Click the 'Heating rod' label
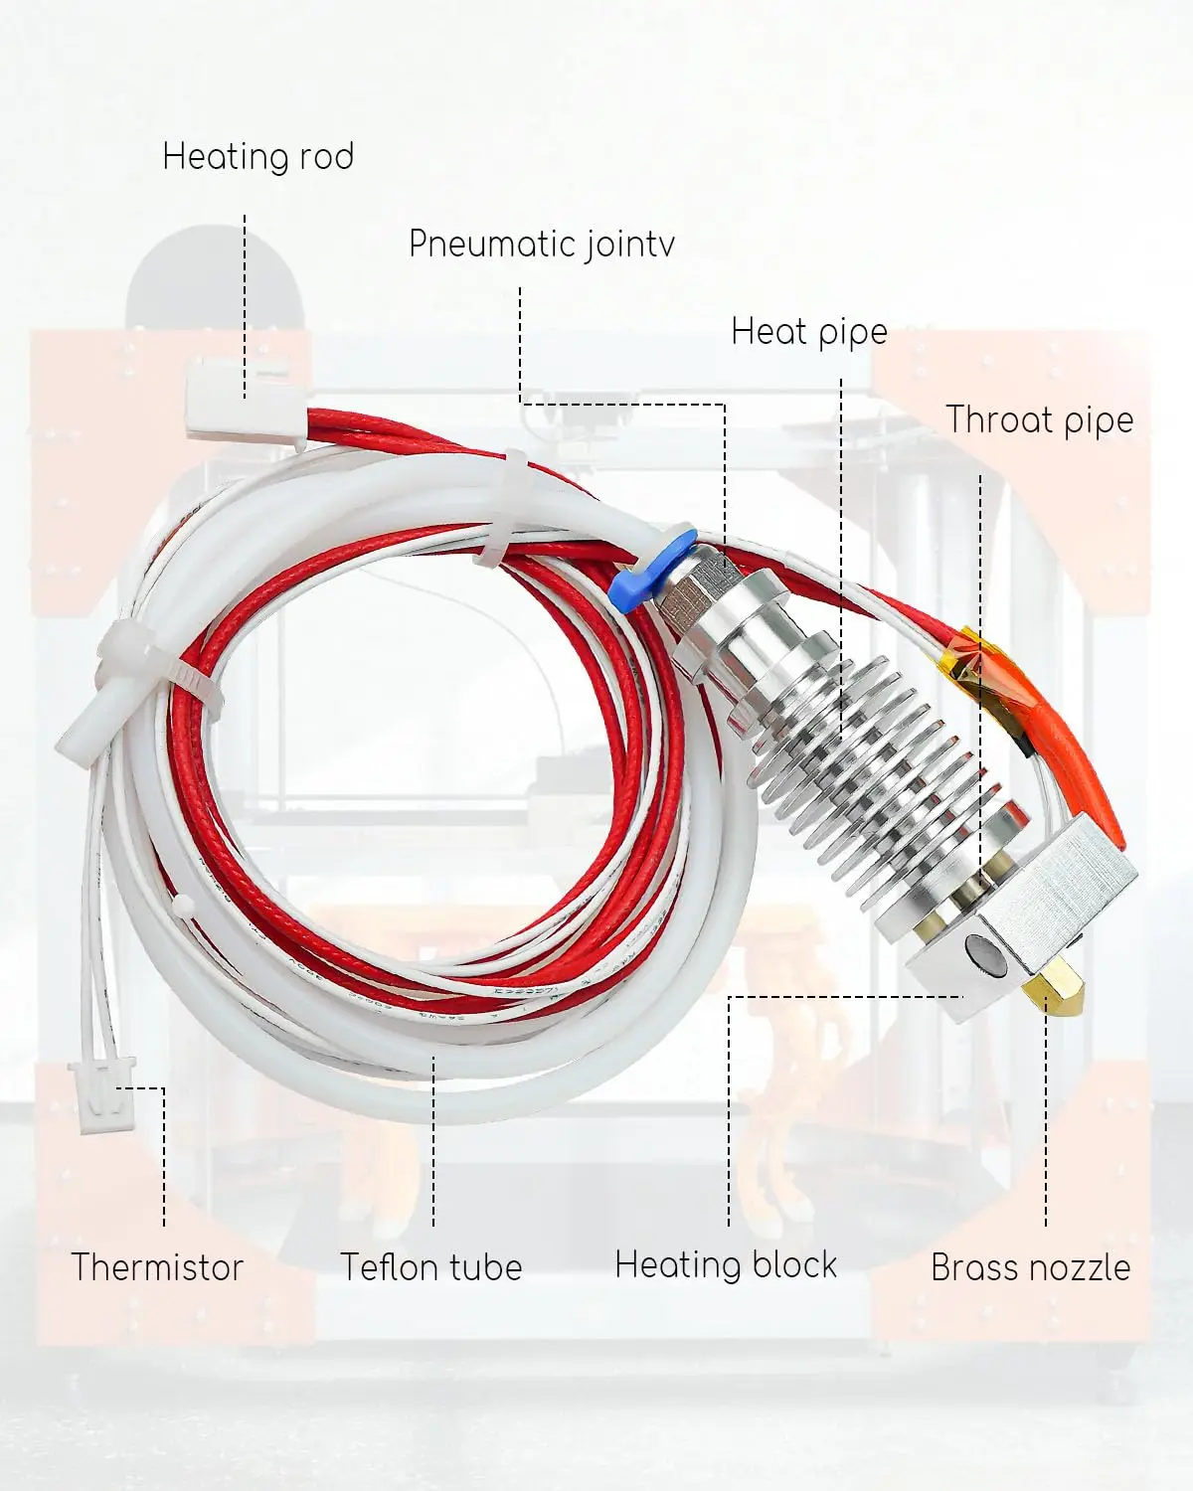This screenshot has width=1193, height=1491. tap(257, 157)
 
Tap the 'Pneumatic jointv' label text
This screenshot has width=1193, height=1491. tap(542, 245)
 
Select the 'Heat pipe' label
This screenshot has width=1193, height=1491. tap(808, 332)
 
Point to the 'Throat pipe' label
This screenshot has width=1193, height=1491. tap(1039, 419)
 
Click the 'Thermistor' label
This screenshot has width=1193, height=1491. tap(157, 1267)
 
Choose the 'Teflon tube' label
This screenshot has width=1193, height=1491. tap(430, 1267)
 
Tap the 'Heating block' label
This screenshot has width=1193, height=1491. tap(726, 1265)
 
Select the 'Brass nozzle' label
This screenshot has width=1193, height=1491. tap(1030, 1267)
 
